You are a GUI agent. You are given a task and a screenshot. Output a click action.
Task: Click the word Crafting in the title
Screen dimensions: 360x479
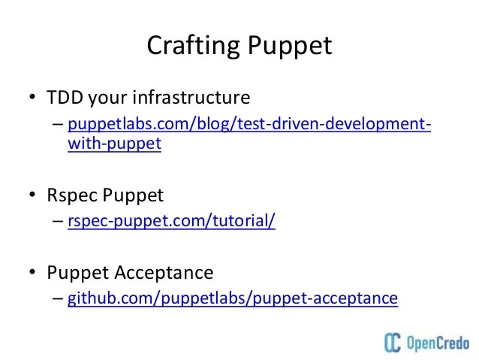(x=191, y=45)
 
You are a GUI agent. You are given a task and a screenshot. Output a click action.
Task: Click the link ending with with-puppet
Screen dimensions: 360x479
(x=249, y=123)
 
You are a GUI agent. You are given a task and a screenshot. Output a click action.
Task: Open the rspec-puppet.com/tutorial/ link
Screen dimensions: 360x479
(x=171, y=222)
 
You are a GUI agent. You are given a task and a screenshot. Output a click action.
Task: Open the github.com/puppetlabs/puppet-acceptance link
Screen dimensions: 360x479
(x=232, y=298)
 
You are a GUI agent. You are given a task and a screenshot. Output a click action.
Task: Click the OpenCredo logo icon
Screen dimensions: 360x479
(x=392, y=342)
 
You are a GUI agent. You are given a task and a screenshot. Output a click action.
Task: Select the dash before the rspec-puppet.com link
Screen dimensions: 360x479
(x=59, y=222)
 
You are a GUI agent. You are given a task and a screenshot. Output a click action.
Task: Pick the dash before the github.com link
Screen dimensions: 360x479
(x=59, y=298)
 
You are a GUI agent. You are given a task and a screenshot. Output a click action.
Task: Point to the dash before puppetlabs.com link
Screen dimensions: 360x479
(x=59, y=124)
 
